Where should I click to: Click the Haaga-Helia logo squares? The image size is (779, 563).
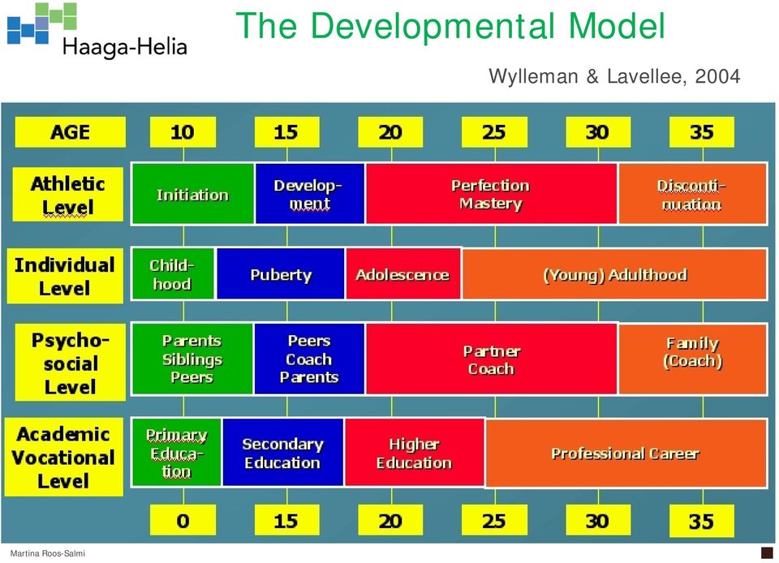pos(42,24)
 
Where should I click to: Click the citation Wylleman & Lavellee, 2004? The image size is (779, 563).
pos(614,76)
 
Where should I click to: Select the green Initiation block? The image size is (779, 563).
pos(193,194)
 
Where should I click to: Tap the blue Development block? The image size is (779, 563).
pos(309,194)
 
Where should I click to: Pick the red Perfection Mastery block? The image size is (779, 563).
pos(492,194)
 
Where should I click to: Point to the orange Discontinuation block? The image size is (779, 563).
pos(692,194)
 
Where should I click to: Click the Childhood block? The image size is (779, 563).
pos(173,274)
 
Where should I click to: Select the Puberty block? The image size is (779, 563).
pos(280,274)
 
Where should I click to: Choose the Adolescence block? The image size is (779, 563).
pos(403,274)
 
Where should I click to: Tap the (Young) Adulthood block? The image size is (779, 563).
pos(614,274)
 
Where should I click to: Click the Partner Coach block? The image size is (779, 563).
pos(492,359)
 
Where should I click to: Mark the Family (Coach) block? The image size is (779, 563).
pos(692,359)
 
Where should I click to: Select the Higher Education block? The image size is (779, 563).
pos(415,453)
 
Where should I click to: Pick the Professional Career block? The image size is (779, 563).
pos(626,453)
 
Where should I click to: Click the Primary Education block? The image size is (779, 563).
pos(176,453)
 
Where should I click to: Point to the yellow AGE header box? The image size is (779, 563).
pos(70,132)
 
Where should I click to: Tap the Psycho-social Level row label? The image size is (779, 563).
pos(70,363)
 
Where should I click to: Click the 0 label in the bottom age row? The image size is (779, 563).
pos(183,520)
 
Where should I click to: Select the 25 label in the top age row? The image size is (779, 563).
pos(494,132)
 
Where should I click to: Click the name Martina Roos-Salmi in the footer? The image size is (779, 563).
pos(48,553)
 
